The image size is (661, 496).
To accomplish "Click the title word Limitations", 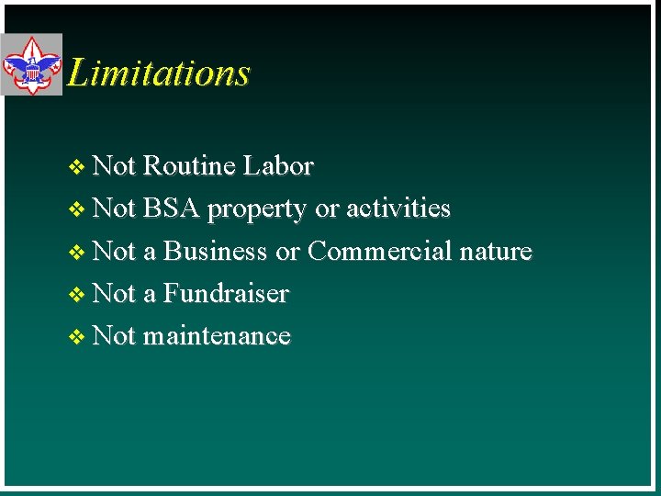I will [159, 73].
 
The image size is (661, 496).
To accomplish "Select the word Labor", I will [278, 166].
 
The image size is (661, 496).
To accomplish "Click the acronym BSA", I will [172, 209].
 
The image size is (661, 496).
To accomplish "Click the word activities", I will [398, 209].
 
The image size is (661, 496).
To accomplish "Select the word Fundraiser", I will [226, 294].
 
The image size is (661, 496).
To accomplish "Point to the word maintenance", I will [217, 336].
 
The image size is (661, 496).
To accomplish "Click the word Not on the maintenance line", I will [115, 336].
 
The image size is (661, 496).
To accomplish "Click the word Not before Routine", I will [115, 166].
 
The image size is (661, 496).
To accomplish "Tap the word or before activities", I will [327, 209].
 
